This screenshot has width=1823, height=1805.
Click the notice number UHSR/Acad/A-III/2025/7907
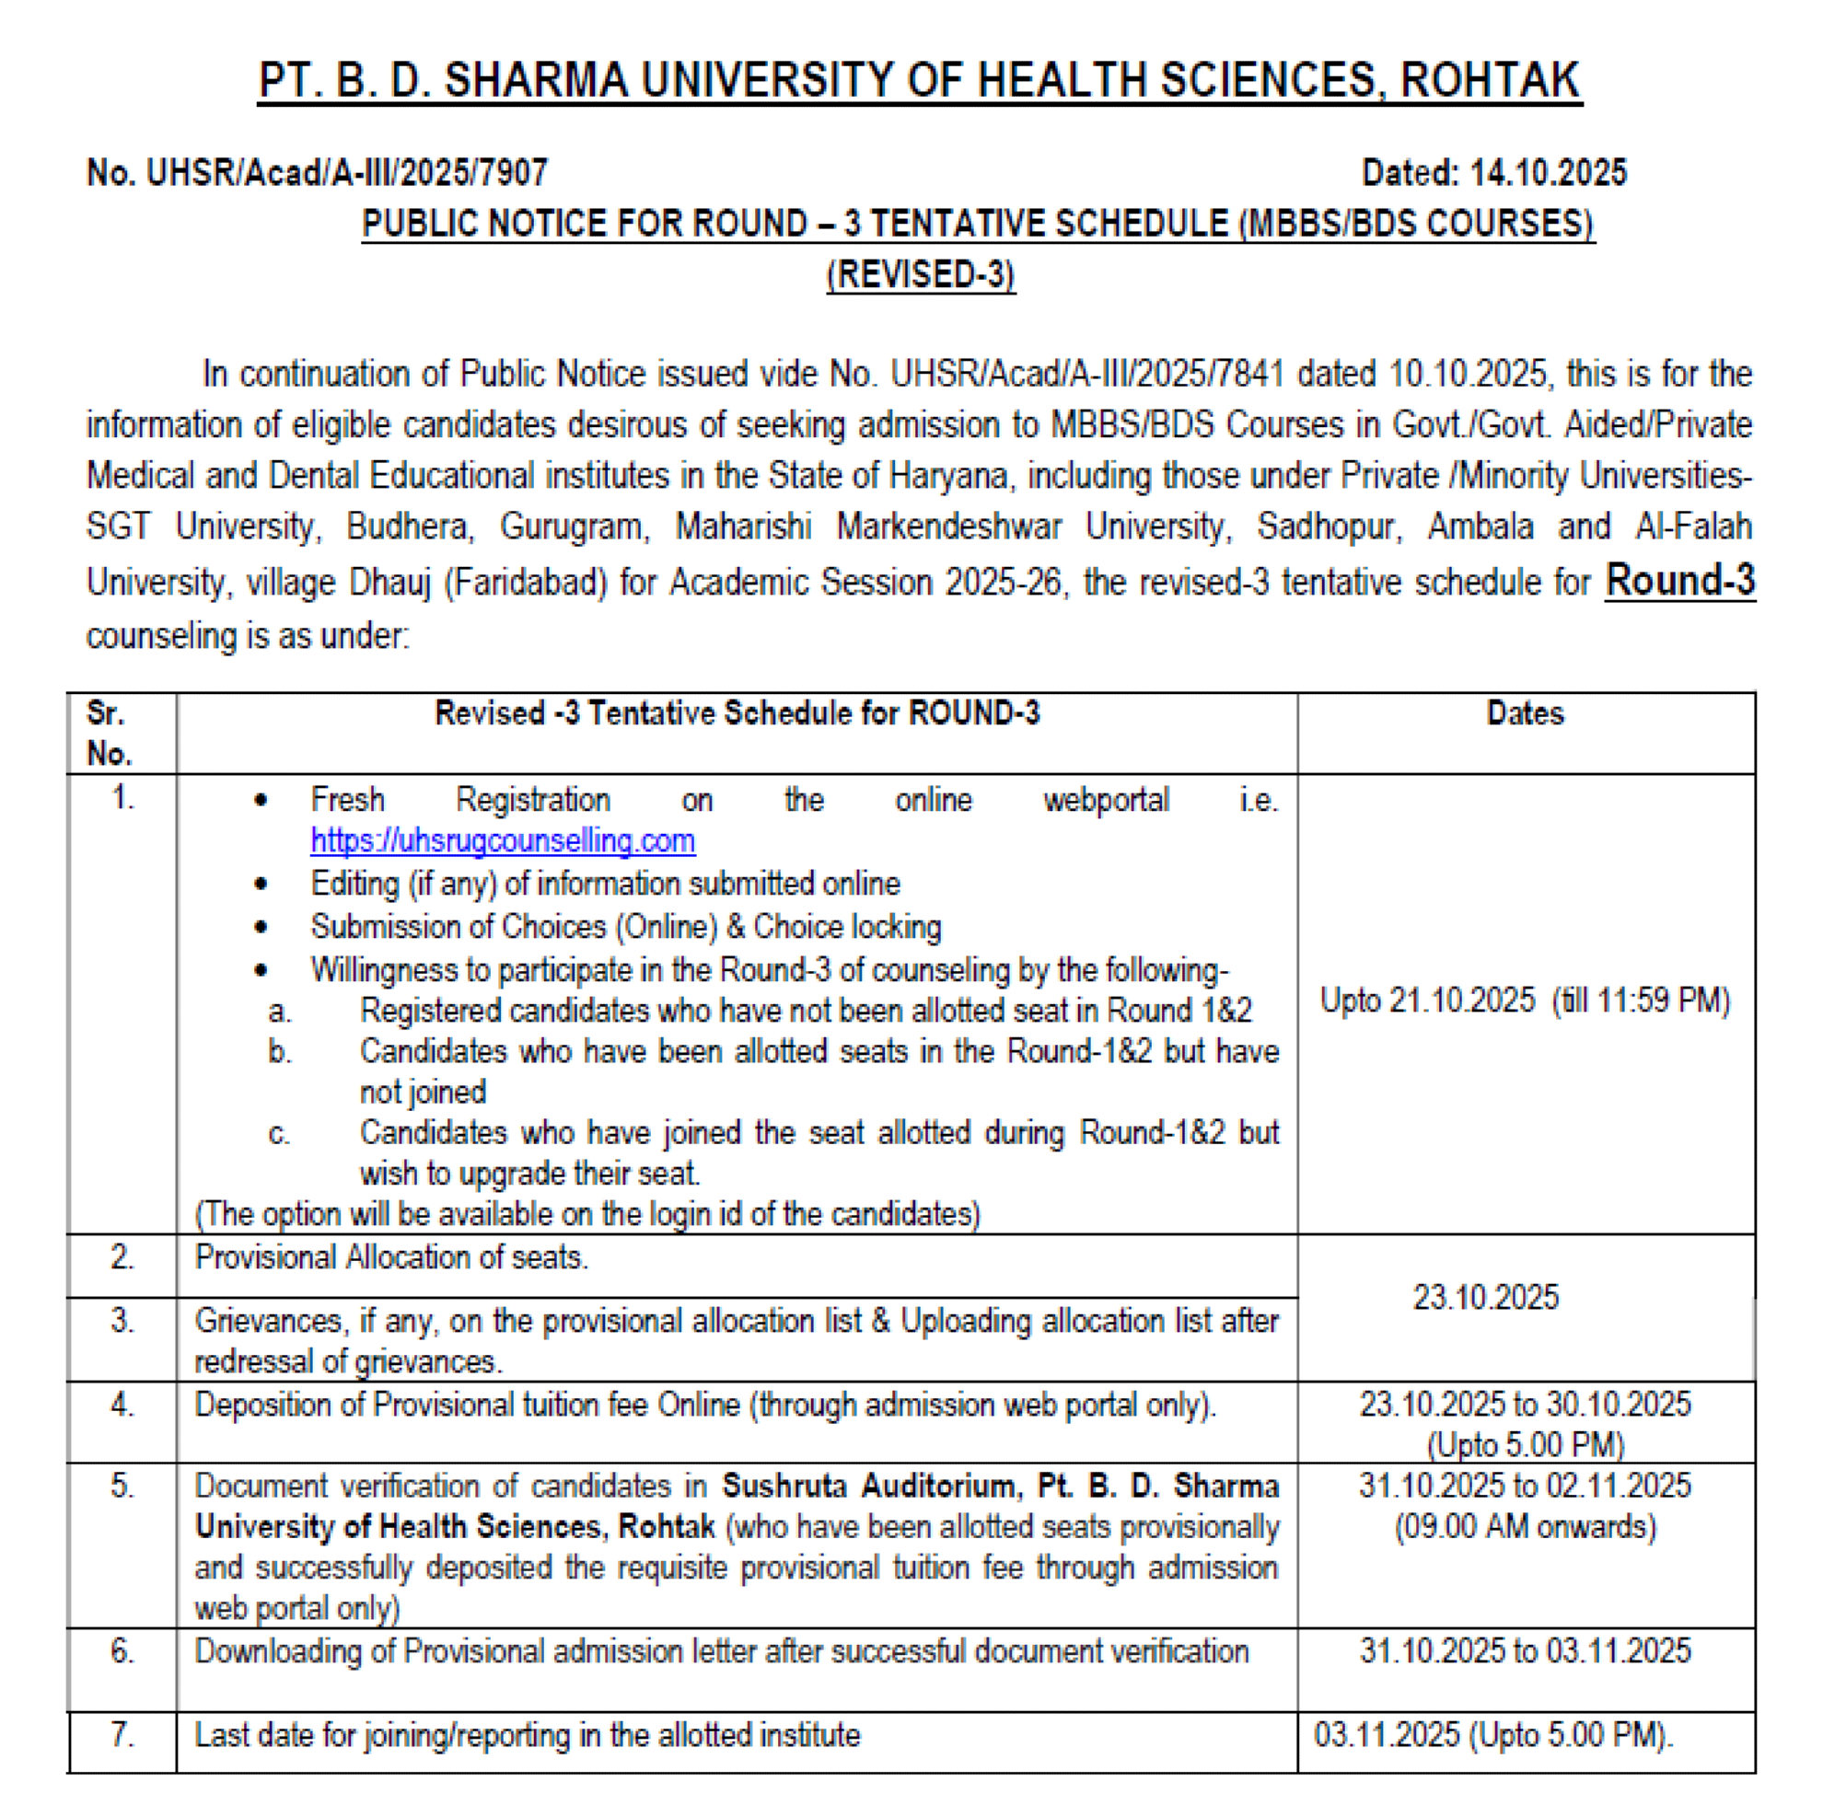click(x=346, y=173)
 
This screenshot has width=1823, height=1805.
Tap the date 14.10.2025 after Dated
click(x=1548, y=173)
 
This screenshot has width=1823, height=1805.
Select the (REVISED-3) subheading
click(x=920, y=274)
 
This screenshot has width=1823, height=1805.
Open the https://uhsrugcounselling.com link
click(x=503, y=840)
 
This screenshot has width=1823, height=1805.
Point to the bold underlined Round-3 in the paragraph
click(x=1679, y=580)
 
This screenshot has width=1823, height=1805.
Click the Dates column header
click(x=1525, y=713)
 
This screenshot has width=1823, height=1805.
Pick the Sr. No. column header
click(x=109, y=733)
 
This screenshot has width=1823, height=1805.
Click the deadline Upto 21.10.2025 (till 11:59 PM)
click(x=1525, y=1001)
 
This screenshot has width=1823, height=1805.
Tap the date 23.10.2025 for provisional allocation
click(x=1485, y=1299)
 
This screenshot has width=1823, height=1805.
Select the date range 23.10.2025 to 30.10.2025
click(x=1525, y=1405)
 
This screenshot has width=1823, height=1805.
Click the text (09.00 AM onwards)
click(x=1525, y=1527)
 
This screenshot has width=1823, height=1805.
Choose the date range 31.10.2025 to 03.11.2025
click(x=1525, y=1651)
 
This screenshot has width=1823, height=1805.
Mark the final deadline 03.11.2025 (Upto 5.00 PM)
click(x=1492, y=1734)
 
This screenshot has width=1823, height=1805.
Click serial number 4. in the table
click(x=122, y=1405)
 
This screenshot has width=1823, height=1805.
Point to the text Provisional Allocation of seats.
click(x=390, y=1257)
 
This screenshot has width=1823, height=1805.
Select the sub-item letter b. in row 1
click(x=279, y=1051)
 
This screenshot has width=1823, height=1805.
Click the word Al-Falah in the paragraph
click(x=1693, y=526)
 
